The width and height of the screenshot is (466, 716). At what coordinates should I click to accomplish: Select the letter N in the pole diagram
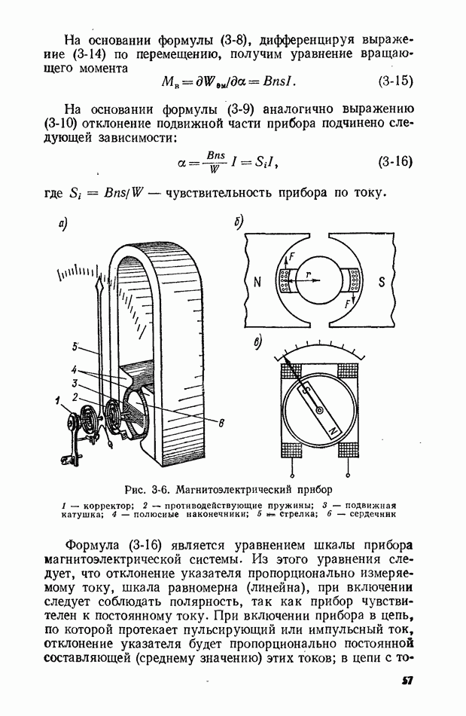257,283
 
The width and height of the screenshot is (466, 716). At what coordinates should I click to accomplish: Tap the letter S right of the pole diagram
382,283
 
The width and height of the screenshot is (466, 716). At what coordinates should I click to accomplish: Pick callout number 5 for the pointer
76,347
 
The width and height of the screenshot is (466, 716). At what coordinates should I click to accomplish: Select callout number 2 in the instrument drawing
76,396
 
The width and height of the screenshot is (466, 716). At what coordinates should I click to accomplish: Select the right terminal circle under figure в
347,476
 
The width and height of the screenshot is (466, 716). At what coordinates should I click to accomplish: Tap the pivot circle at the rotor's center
320,410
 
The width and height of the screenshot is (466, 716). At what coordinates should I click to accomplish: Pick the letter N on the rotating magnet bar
334,430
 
